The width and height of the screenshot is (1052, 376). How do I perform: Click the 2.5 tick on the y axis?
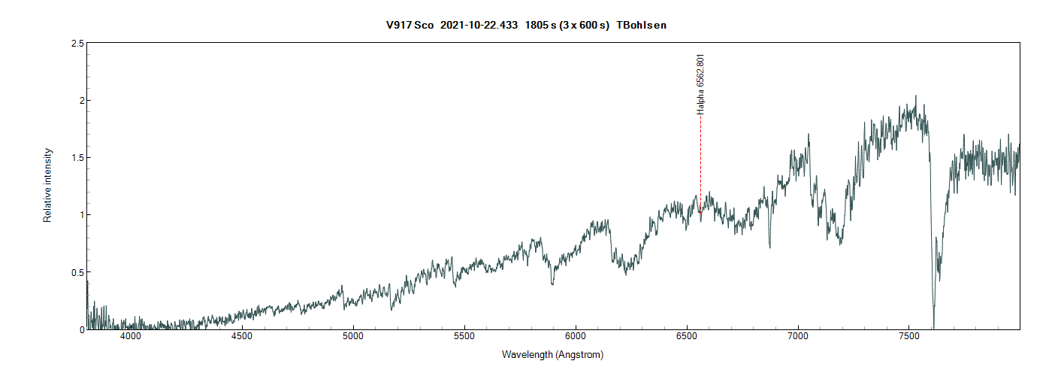click(77, 44)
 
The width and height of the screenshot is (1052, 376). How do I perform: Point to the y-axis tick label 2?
click(80, 101)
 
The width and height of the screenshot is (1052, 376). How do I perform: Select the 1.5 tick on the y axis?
click(77, 158)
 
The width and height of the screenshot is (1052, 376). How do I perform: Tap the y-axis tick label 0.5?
click(77, 272)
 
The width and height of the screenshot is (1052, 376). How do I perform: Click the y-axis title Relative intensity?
click(48, 185)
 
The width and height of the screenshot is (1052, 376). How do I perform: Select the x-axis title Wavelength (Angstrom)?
click(553, 355)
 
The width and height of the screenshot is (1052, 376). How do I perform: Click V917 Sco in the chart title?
click(410, 25)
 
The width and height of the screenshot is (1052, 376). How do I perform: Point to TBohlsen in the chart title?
click(641, 25)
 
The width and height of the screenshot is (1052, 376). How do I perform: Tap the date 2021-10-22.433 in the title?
click(479, 25)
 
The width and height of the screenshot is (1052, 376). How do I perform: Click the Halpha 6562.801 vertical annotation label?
click(701, 83)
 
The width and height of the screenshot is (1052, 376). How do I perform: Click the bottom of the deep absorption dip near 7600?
click(934, 326)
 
